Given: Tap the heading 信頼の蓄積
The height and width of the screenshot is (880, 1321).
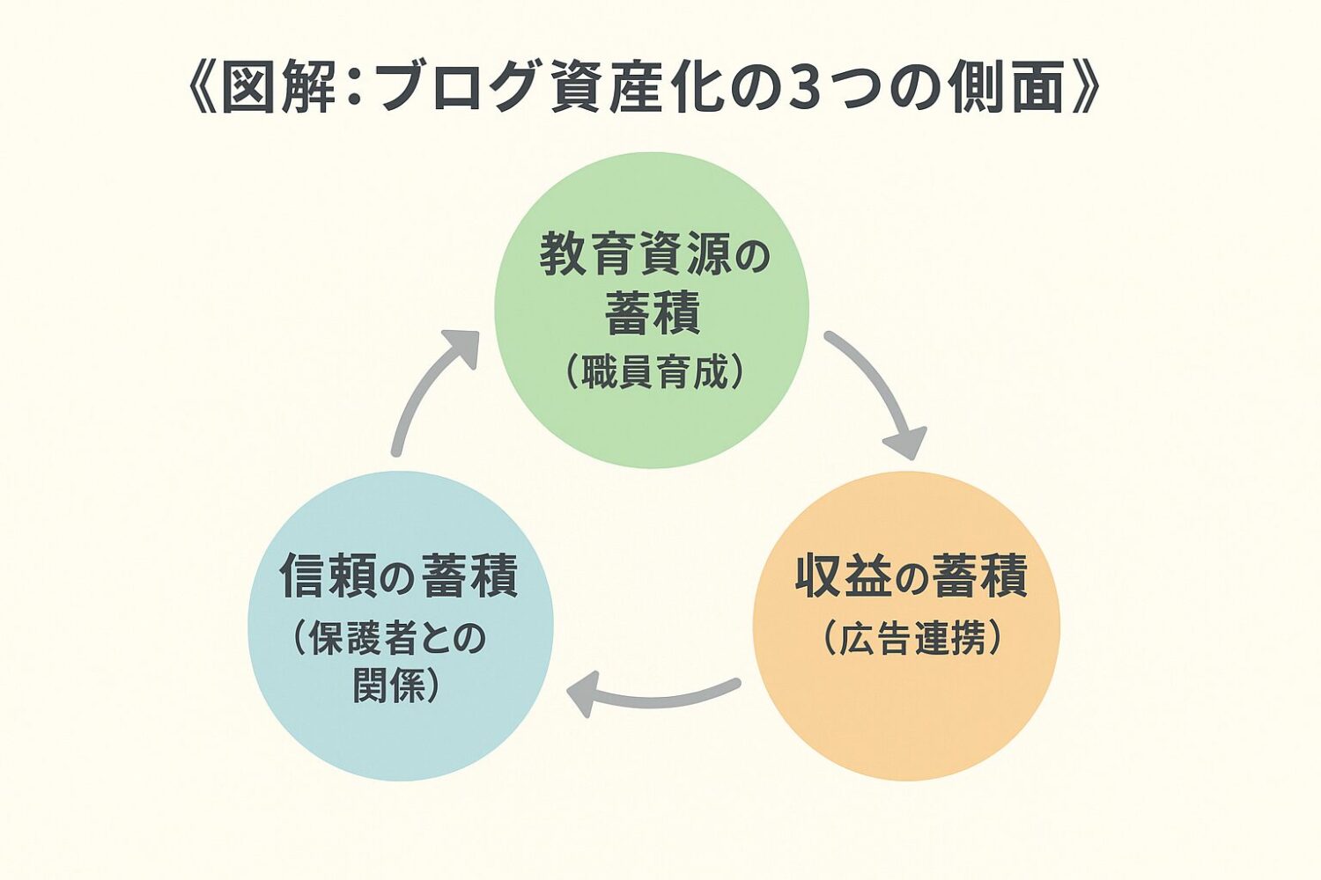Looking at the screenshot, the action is pos(398,575).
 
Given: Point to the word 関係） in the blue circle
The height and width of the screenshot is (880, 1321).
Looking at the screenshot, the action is pos(396,685).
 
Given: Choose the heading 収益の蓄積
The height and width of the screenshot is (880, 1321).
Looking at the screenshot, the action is pos(911,576).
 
